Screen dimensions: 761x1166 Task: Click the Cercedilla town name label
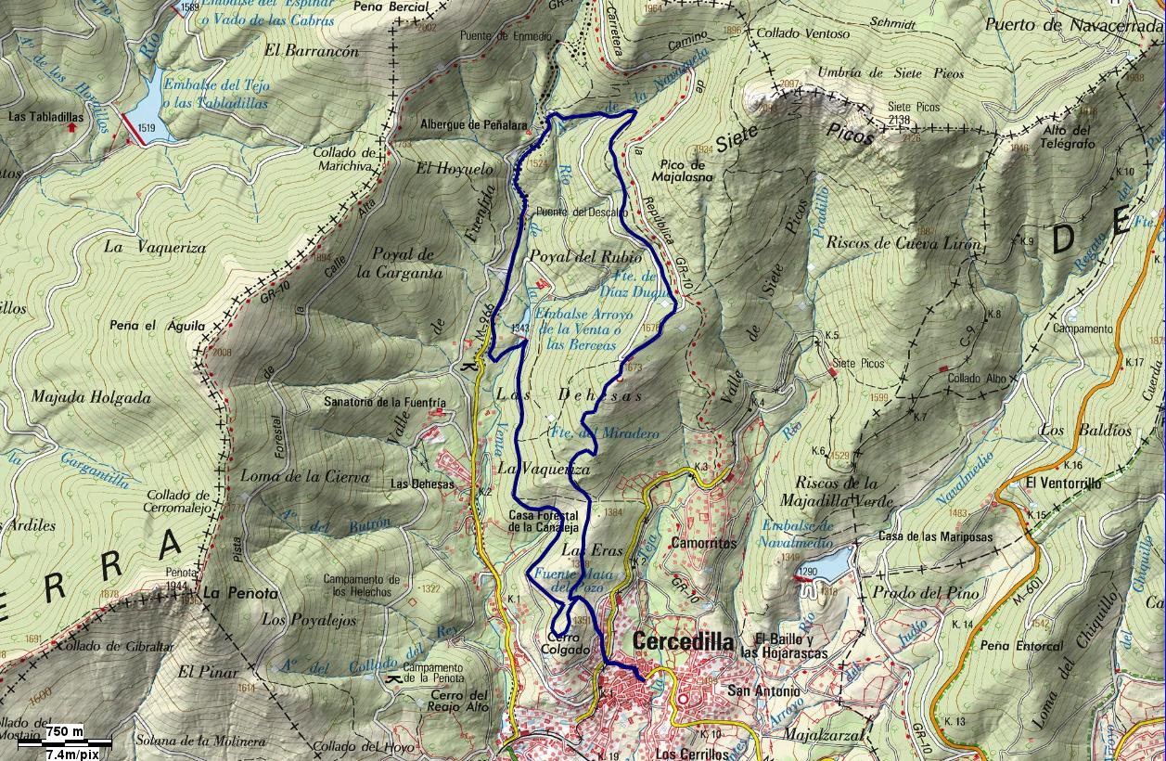coord(683,642)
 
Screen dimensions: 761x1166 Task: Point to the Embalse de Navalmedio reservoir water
coord(836,562)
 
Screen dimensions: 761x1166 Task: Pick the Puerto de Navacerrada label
coord(1074,25)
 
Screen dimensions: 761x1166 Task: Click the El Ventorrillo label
coord(1063,484)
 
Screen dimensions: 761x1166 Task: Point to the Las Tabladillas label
coord(45,118)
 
